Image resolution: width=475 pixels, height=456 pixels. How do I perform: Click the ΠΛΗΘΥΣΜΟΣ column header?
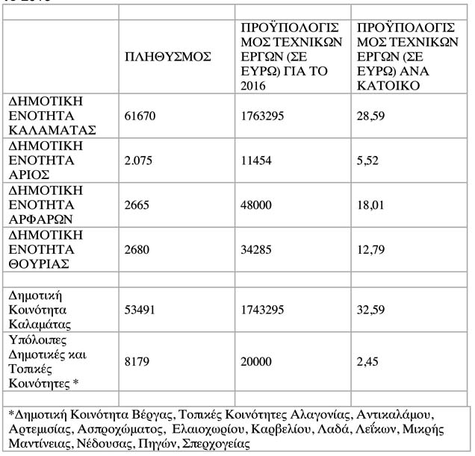click(167, 57)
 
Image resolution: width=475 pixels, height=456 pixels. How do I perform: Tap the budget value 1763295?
click(261, 114)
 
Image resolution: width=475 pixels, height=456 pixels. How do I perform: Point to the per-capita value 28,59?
click(373, 114)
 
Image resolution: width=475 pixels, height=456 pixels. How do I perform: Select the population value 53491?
click(140, 310)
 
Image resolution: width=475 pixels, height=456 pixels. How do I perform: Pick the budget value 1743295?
click(261, 310)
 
